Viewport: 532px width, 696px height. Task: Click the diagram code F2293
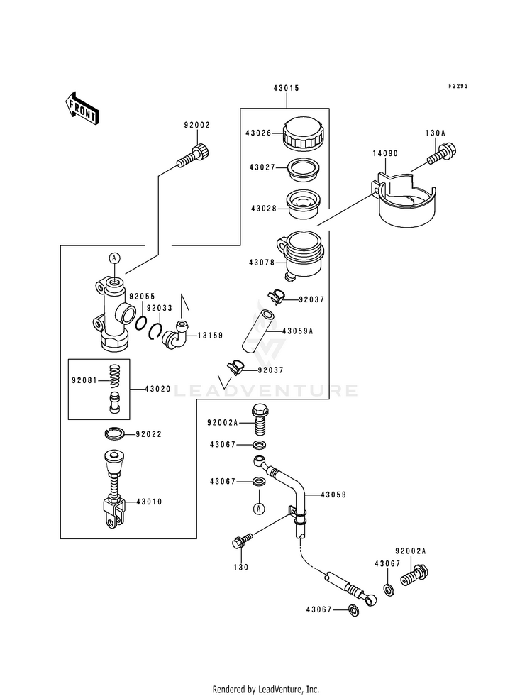(x=458, y=86)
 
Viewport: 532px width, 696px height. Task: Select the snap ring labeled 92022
(x=114, y=433)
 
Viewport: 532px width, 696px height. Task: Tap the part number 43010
(x=150, y=502)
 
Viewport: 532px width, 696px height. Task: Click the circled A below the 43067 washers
(x=259, y=508)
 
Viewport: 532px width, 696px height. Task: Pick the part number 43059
(x=333, y=494)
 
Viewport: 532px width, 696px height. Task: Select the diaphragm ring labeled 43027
(x=304, y=170)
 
